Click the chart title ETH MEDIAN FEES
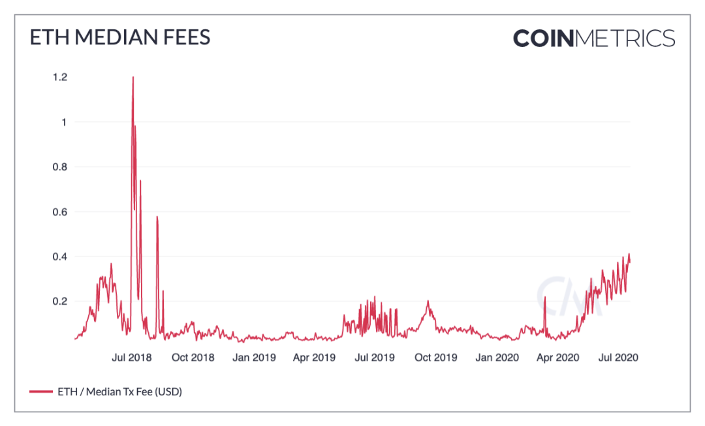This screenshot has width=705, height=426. (x=120, y=37)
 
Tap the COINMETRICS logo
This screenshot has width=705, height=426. (x=593, y=38)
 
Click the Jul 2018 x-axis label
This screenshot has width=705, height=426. (x=132, y=358)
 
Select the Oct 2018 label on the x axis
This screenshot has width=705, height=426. (x=193, y=358)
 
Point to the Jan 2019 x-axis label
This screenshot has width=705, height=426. (x=255, y=358)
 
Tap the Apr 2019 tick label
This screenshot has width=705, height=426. (x=315, y=358)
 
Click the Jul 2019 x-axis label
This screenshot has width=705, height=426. (x=373, y=358)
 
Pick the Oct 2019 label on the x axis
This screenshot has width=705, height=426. (x=436, y=358)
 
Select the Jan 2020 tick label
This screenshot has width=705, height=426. (x=497, y=358)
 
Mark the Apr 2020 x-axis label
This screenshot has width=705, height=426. (x=557, y=358)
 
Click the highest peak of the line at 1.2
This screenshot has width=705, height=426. (x=133, y=78)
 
